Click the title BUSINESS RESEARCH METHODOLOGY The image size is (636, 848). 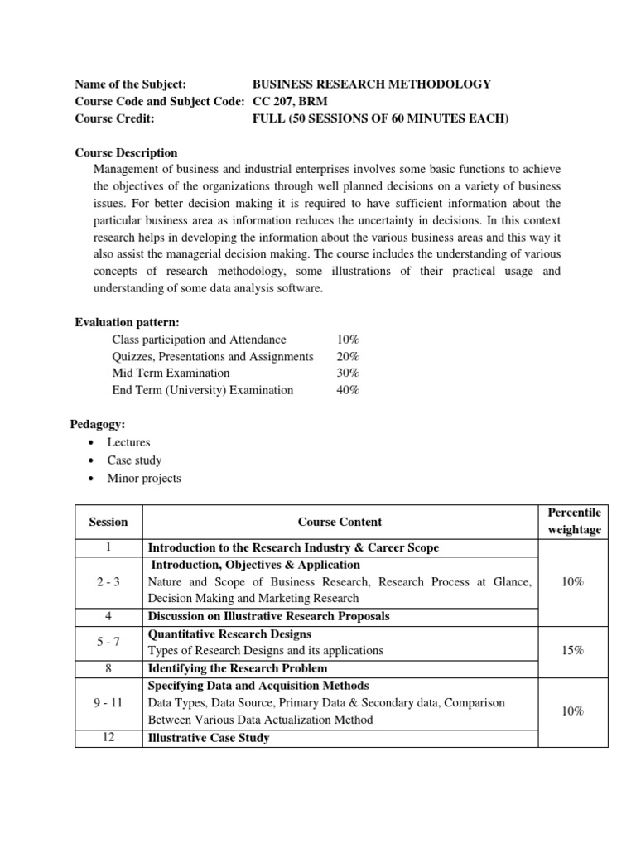(x=371, y=84)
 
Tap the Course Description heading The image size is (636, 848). (x=126, y=152)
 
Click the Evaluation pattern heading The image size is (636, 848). (x=127, y=322)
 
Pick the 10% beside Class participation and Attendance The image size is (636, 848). (x=348, y=340)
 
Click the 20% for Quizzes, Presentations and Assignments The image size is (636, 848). (x=348, y=356)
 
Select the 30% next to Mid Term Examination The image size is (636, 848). (x=348, y=373)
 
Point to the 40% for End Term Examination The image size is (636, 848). (x=348, y=390)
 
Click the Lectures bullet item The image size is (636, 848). (x=128, y=442)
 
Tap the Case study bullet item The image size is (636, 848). (x=134, y=460)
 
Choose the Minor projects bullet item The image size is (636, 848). (x=143, y=479)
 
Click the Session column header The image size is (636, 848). (x=108, y=522)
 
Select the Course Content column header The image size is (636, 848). (x=340, y=522)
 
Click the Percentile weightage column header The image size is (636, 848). (x=573, y=522)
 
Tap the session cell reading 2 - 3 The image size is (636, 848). (x=108, y=582)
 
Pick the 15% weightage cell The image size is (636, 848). (x=573, y=651)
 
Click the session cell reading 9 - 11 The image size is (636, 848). (x=108, y=702)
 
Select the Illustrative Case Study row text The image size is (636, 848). (x=208, y=737)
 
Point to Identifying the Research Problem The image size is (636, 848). (x=237, y=668)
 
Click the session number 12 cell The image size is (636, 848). (x=108, y=737)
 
